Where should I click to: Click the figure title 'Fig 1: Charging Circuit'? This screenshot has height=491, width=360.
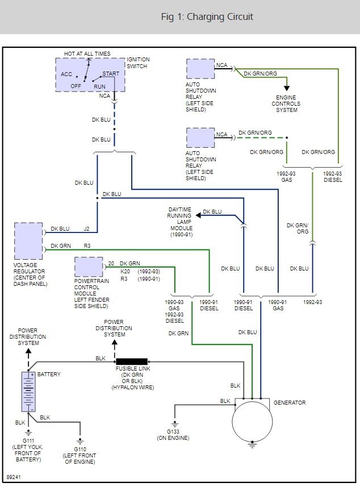point(207,16)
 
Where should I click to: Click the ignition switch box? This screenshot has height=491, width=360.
point(90,74)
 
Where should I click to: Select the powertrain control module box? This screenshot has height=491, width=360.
point(89,267)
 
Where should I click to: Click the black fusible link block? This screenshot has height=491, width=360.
point(132,361)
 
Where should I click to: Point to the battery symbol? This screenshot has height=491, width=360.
point(28,392)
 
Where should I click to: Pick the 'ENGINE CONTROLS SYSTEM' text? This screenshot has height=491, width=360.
point(286,103)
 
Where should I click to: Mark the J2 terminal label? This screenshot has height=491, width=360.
point(87,229)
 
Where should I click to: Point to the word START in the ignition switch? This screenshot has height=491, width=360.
point(110,74)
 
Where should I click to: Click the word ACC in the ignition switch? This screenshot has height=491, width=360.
point(66,74)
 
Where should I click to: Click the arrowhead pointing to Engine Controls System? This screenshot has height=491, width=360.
point(287,88)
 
